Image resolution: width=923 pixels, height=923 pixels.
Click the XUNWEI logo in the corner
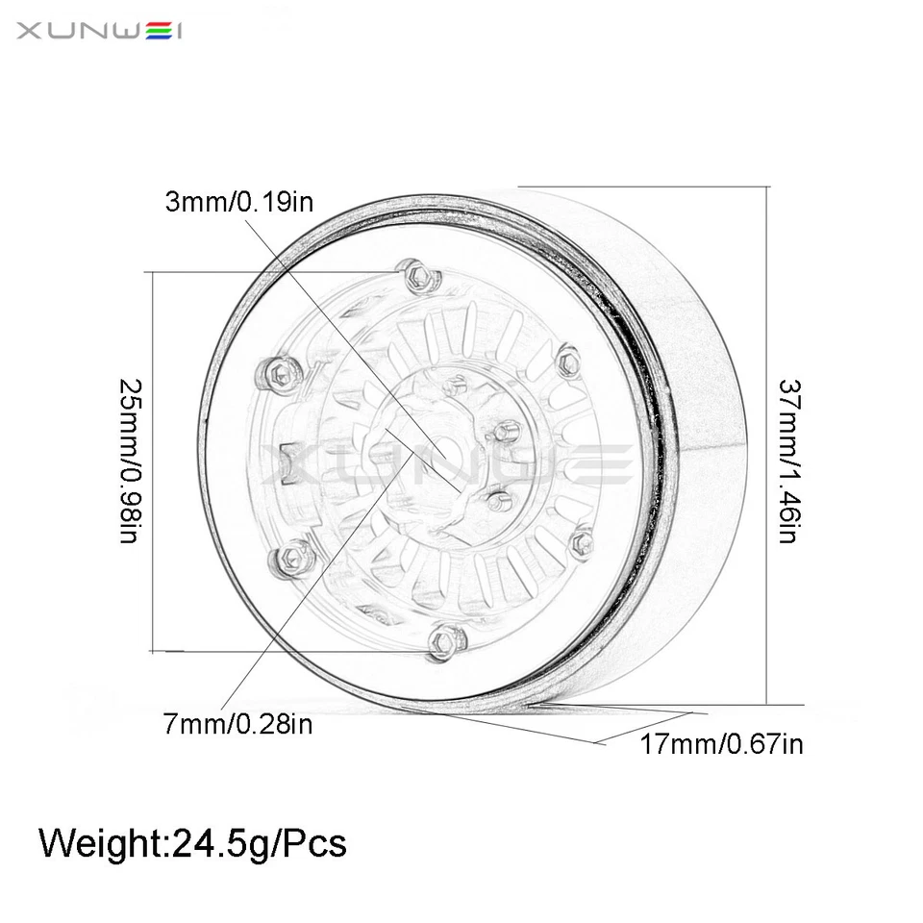tap(100, 32)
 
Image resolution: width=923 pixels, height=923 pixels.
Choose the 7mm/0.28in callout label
tap(237, 724)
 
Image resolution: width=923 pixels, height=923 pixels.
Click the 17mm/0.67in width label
tap(721, 743)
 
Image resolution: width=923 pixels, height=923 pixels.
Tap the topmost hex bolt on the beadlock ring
tap(417, 276)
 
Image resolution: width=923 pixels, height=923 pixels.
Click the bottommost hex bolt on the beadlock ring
tap(443, 639)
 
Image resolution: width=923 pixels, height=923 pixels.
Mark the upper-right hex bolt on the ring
tap(568, 362)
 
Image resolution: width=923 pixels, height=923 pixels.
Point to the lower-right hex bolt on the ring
tap(581, 543)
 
